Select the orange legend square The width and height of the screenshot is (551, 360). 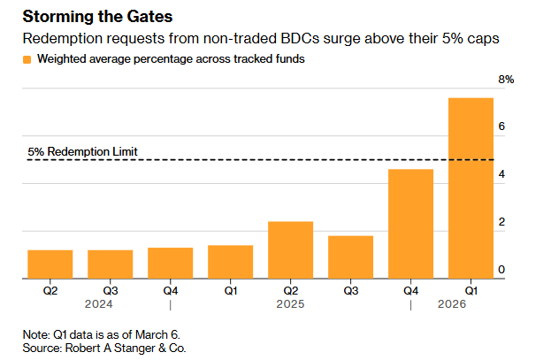(x=27, y=59)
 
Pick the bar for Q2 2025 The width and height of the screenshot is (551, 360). (x=290, y=249)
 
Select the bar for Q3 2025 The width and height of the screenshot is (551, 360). (x=350, y=257)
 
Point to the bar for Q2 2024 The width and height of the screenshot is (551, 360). (x=50, y=264)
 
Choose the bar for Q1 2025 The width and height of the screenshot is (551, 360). (x=230, y=261)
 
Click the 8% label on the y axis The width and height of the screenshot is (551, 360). (x=506, y=80)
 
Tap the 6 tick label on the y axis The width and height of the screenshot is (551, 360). (x=501, y=127)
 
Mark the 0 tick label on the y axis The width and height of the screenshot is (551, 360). (x=501, y=270)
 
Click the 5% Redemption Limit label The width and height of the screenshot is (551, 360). (x=83, y=151)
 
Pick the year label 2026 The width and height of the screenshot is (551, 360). (x=452, y=305)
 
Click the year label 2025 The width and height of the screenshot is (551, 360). (x=290, y=305)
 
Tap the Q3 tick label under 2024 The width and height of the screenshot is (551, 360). (x=110, y=290)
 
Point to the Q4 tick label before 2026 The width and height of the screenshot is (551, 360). (x=410, y=290)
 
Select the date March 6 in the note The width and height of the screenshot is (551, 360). (x=163, y=334)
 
